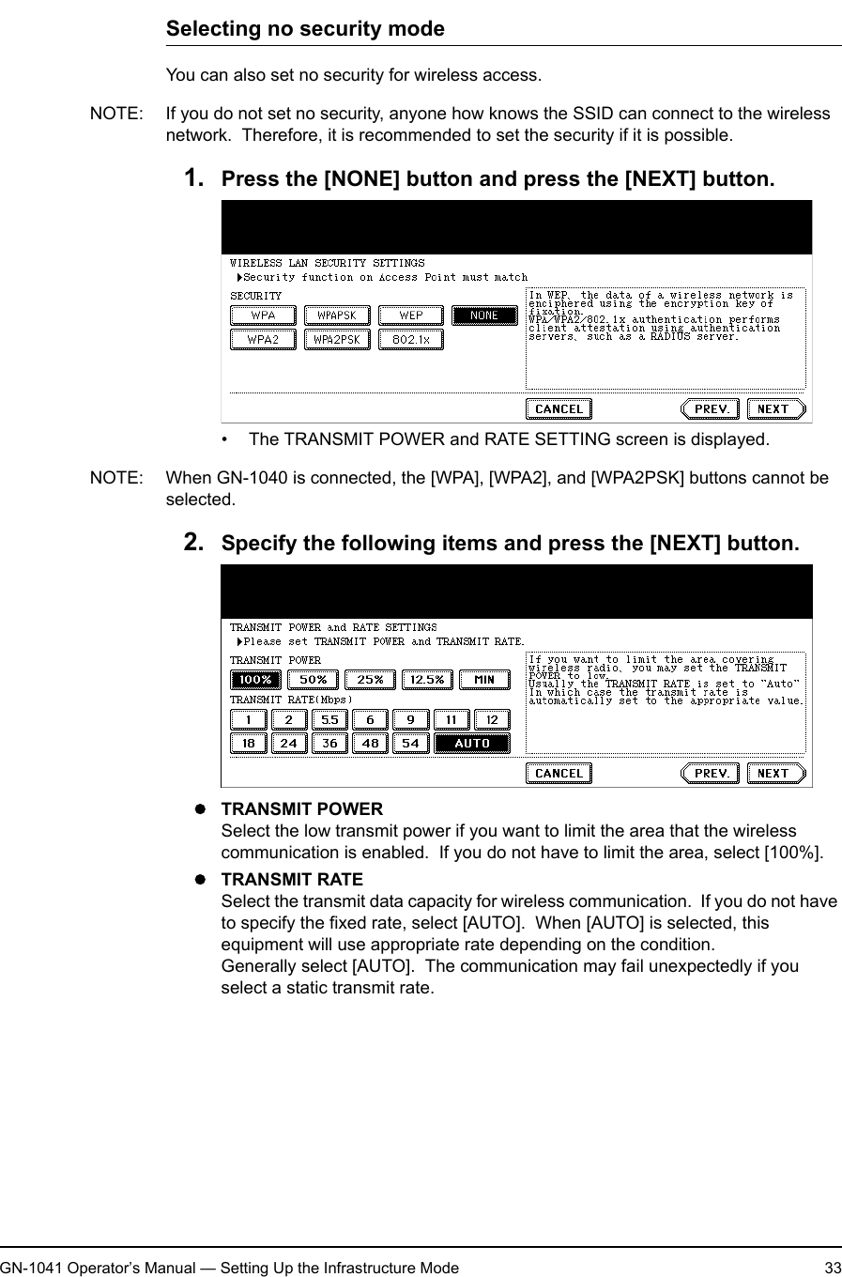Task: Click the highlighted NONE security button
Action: (484, 315)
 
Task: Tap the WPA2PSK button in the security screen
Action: (336, 339)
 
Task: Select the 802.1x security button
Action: (410, 339)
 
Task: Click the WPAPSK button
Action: (336, 315)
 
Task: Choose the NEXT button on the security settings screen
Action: (775, 408)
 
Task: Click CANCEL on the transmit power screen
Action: (559, 773)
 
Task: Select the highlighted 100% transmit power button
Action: (255, 680)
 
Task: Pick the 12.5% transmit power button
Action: (427, 680)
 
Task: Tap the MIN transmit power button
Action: (484, 680)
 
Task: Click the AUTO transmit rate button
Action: (472, 744)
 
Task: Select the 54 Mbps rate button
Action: (411, 744)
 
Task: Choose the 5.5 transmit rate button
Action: (329, 720)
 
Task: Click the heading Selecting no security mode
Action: (305, 28)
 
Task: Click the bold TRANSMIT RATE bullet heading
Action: (291, 880)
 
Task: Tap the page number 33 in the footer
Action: (832, 1268)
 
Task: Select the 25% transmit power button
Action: (370, 680)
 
